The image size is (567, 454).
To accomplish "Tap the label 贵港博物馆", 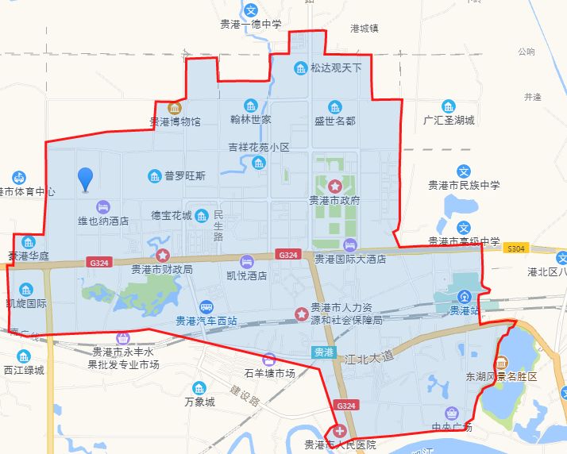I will click(175, 122).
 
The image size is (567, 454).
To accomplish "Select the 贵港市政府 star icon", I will click(335, 186).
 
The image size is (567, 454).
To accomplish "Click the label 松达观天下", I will click(336, 68).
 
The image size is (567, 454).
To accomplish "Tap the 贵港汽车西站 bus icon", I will click(206, 306).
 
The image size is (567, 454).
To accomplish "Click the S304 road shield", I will click(517, 248).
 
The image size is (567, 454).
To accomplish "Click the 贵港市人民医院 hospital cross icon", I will click(341, 432).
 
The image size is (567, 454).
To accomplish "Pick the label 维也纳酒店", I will click(103, 221).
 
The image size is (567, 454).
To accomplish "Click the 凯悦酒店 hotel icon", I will click(247, 261).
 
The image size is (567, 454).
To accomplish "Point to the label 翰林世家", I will click(251, 120).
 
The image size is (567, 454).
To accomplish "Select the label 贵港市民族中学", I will click(465, 186).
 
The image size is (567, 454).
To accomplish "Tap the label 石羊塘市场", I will click(270, 373).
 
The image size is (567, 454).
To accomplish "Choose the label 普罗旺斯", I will click(185, 175).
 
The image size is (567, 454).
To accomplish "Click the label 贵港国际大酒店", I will click(350, 259).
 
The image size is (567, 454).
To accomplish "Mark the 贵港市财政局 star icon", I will click(163, 256).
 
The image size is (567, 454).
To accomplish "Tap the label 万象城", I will click(199, 402).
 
